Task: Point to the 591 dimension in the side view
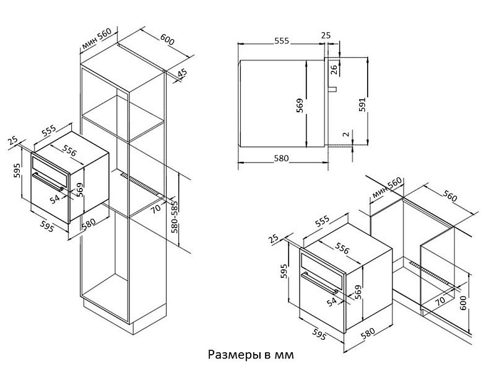[x=362, y=105]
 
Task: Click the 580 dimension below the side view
[x=281, y=158]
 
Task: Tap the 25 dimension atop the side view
[x=326, y=35]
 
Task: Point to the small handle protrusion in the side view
[x=332, y=91]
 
